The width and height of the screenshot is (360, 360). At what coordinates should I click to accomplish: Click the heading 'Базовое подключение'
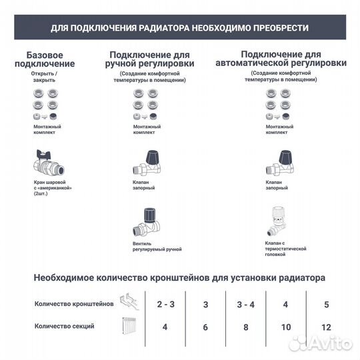pos(50,59)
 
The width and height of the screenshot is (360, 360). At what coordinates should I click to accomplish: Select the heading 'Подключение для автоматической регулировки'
pos(281,58)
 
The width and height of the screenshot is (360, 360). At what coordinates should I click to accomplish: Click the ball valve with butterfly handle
pos(49,163)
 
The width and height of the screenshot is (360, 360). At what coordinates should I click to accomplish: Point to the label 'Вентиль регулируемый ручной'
pos(157,247)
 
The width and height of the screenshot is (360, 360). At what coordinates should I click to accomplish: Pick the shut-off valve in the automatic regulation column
pos(280,163)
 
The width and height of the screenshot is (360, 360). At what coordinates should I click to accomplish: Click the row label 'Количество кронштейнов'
pos(74,303)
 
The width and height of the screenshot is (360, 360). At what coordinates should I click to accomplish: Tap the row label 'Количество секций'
pos(65,326)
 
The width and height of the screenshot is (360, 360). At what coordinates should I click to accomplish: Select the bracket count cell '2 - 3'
pos(166,304)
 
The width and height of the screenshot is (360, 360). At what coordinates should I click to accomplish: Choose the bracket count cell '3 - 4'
pos(246,304)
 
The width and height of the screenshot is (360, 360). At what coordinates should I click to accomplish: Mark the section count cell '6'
pos(206,327)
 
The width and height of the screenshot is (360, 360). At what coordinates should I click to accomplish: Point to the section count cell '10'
pos(286,327)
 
